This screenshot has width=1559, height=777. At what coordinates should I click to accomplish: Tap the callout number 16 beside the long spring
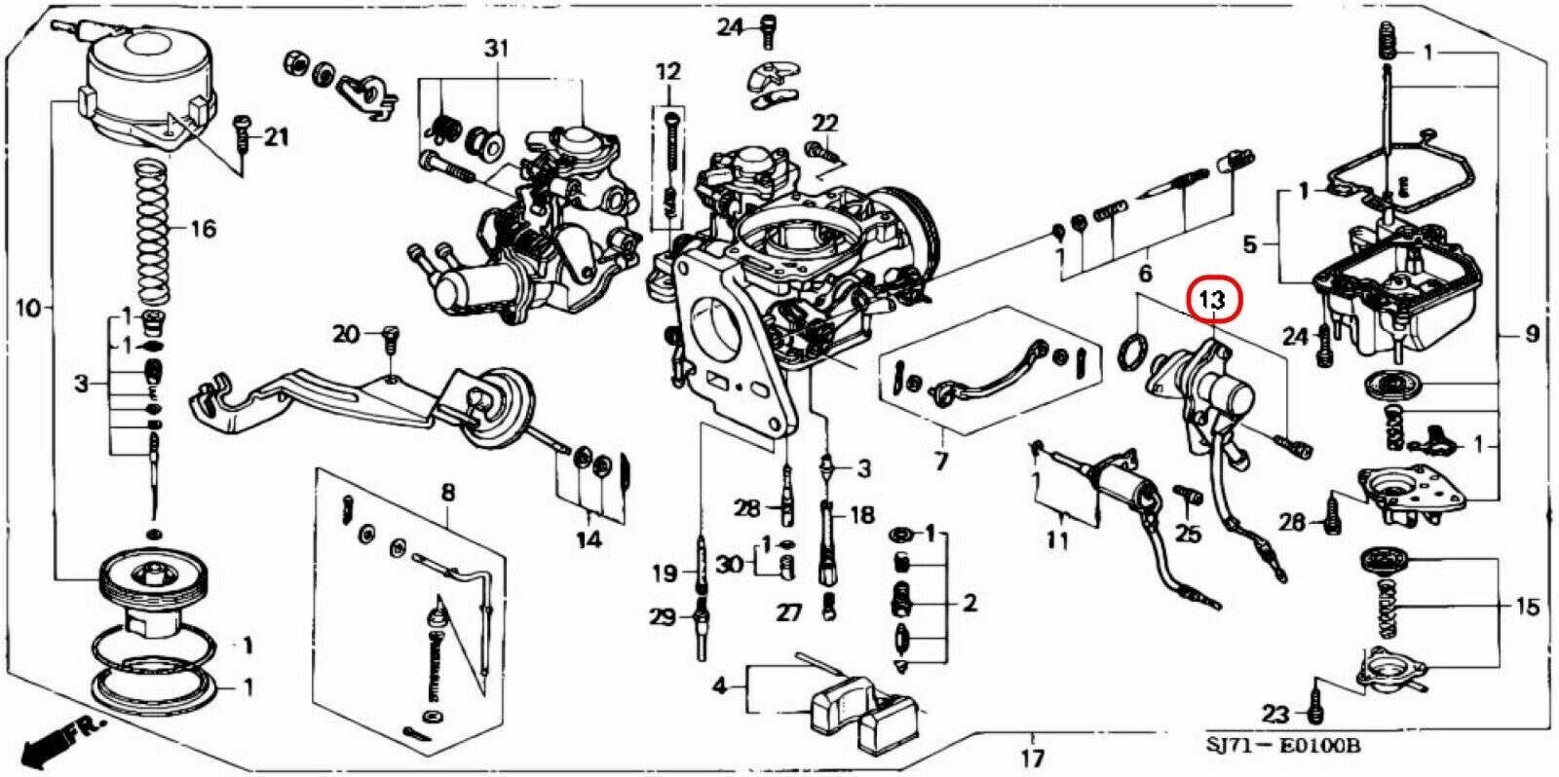tap(203, 230)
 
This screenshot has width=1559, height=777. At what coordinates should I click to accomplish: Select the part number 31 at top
tap(497, 49)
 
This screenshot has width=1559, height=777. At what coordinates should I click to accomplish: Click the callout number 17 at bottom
tap(1033, 757)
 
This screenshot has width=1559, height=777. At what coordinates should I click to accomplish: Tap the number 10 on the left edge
tap(28, 308)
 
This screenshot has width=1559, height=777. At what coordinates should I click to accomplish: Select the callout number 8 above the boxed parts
tap(447, 493)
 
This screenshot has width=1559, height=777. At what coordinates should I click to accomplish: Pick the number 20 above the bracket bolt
tap(346, 334)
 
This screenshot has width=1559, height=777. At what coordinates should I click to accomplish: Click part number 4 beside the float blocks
tap(719, 687)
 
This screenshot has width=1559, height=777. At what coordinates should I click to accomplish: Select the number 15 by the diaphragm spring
tap(1527, 608)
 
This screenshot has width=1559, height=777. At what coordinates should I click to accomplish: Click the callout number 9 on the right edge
tap(1531, 336)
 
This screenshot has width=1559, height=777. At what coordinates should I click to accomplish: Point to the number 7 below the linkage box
tap(940, 459)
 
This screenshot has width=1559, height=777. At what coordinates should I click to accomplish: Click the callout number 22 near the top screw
tap(824, 123)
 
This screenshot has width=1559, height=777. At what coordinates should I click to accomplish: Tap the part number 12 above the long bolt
tap(667, 71)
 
